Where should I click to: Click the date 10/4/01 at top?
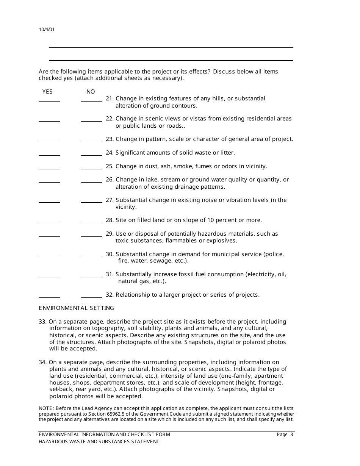pos(46,30)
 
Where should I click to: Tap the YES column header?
pos(47,92)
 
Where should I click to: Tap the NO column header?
pos(91,92)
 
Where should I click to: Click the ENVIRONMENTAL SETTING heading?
pos(76,308)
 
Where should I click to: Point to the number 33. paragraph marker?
pos(43,322)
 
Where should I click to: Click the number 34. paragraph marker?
pos(43,362)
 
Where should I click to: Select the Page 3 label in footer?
pos(285,435)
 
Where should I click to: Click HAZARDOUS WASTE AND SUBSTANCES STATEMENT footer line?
pos(99,442)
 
